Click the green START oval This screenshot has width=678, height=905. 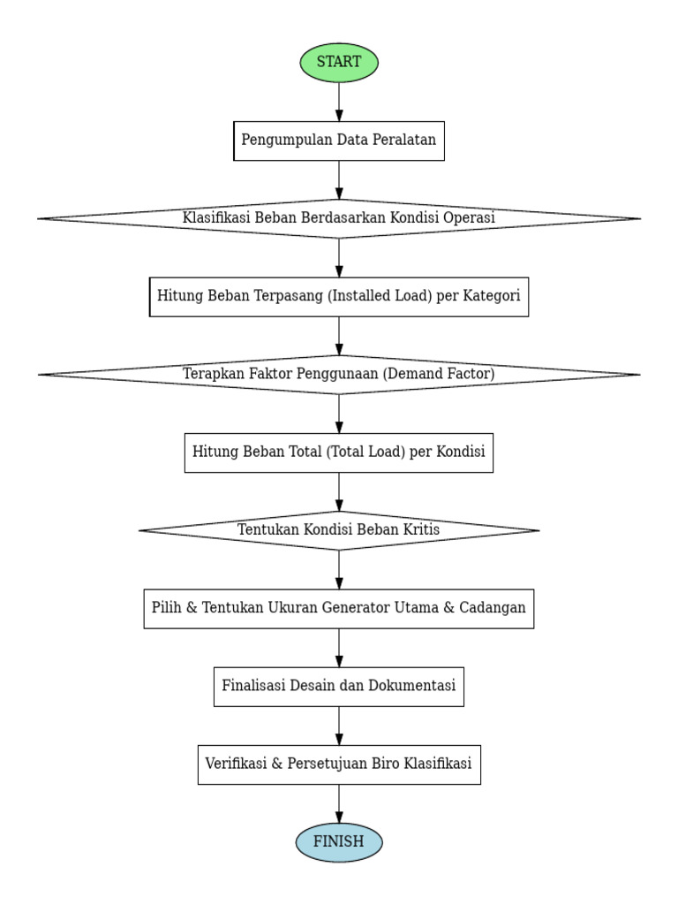click(x=339, y=63)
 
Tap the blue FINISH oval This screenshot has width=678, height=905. click(x=339, y=842)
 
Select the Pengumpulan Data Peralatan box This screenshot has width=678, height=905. click(x=339, y=141)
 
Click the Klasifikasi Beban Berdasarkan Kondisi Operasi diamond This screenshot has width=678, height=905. click(x=339, y=218)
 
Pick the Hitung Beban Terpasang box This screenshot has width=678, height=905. click(x=339, y=296)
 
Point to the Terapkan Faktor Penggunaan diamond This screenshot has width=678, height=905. click(x=339, y=375)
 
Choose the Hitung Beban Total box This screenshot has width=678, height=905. click(x=339, y=452)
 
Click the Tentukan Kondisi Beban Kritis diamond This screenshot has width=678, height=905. click(x=339, y=530)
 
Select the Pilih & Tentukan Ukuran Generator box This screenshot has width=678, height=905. click(x=339, y=608)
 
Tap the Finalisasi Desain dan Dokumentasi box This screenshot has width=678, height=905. click(x=339, y=687)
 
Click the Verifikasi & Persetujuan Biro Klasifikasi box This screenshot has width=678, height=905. click(x=339, y=764)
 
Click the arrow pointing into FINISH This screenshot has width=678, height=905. click(x=339, y=803)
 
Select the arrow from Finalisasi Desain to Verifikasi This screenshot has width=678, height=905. click(x=339, y=726)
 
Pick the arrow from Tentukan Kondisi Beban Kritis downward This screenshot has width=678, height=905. click(x=339, y=569)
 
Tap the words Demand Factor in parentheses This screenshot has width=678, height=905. click(x=439, y=375)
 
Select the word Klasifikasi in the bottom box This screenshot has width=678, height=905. click(x=438, y=764)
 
